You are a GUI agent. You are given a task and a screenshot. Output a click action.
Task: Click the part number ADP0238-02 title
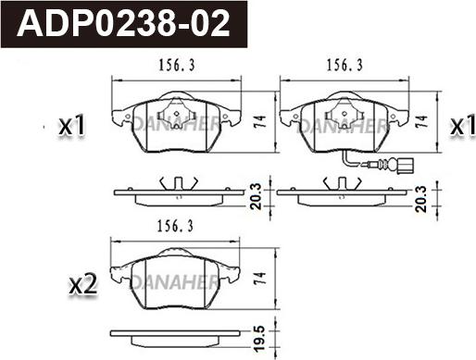click(x=123, y=24)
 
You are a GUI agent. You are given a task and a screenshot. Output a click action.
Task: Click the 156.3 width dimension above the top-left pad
click(x=177, y=66)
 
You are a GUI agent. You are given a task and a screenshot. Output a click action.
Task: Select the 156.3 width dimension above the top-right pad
click(x=344, y=66)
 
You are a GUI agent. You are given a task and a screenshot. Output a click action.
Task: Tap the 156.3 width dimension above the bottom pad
click(x=175, y=227)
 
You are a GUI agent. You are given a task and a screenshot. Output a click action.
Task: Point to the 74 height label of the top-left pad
click(x=260, y=122)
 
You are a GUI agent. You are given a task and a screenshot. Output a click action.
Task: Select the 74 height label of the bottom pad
click(x=260, y=279)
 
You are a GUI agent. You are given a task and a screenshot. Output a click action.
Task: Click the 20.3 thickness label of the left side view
click(x=256, y=196)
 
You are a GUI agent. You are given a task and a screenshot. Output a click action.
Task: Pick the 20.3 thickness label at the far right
click(x=421, y=199)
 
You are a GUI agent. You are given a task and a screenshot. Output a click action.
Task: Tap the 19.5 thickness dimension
click(x=260, y=339)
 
